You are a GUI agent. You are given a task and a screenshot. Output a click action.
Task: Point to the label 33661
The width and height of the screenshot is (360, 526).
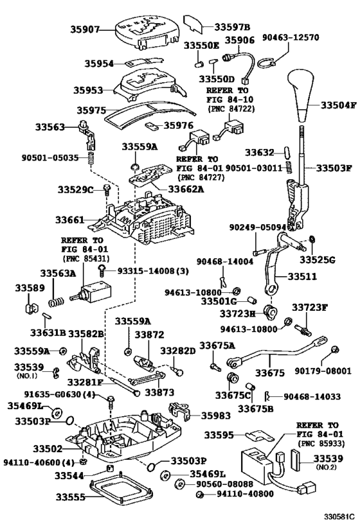(x=69, y=220)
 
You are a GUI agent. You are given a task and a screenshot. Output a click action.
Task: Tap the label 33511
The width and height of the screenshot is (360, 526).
(x=300, y=276)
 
